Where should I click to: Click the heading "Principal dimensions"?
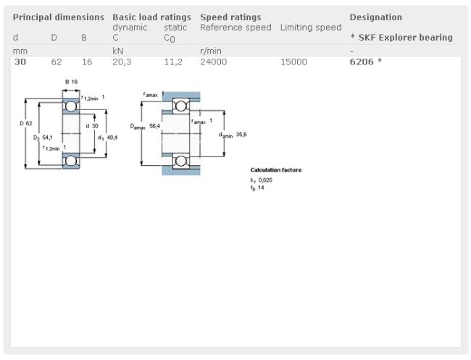tap(59, 17)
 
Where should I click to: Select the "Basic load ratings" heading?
tap(151, 17)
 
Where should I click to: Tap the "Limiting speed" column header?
tap(310, 28)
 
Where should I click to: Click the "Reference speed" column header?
tap(236, 28)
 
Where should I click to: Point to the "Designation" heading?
tap(375, 17)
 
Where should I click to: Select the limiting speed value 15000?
tap(293, 62)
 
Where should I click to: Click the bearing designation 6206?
tap(362, 62)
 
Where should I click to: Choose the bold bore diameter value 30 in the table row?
tap(20, 62)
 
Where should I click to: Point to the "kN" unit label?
tap(117, 51)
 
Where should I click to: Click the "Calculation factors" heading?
tap(275, 170)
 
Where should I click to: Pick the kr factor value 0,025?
tap(266, 180)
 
